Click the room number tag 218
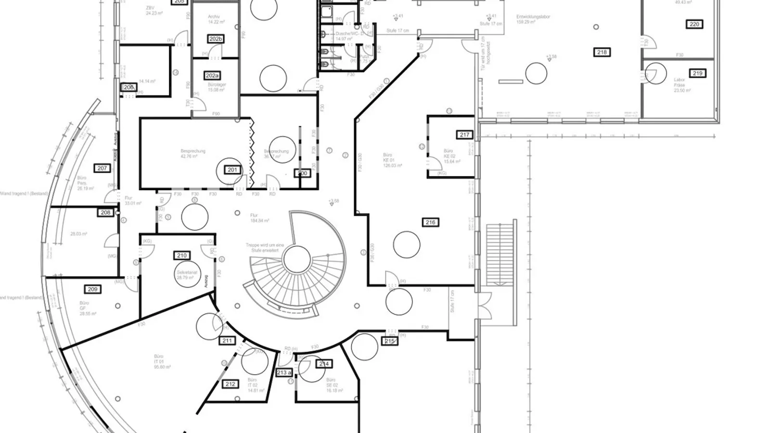coord(602,52)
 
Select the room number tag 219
coord(697,73)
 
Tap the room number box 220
coord(694,24)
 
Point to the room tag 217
coord(464,135)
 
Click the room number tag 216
coord(430,222)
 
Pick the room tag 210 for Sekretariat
coord(181,256)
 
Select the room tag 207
coord(102,168)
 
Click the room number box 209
coord(92,289)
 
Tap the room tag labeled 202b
coord(216,38)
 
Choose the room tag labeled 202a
coord(212,76)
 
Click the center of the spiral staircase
coord(296,260)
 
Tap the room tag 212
coord(231,384)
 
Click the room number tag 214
coord(324,364)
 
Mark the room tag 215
coord(389,341)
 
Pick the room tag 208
coord(105,212)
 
